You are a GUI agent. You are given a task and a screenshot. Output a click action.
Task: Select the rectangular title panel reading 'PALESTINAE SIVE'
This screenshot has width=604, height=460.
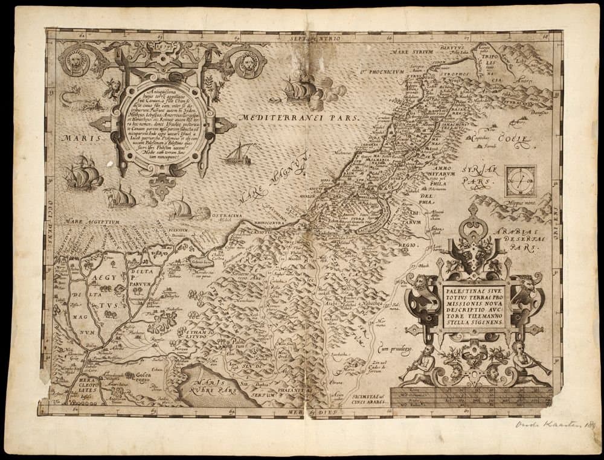474,307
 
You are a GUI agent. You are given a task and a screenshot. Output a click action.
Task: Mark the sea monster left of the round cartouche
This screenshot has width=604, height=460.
76,100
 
